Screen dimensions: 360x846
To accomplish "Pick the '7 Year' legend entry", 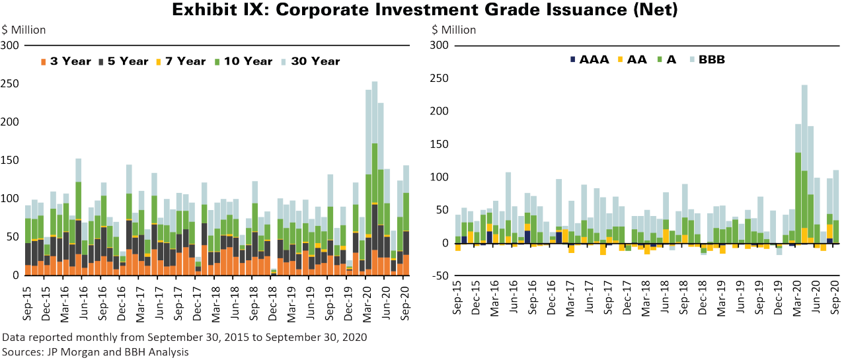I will pyautogui.click(x=182, y=61).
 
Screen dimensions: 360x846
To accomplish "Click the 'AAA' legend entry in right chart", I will pyautogui.click(x=588, y=59).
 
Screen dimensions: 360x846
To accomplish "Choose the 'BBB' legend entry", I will pyautogui.click(x=707, y=59).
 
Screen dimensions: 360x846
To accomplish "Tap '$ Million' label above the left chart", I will pyautogui.click(x=24, y=30).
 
